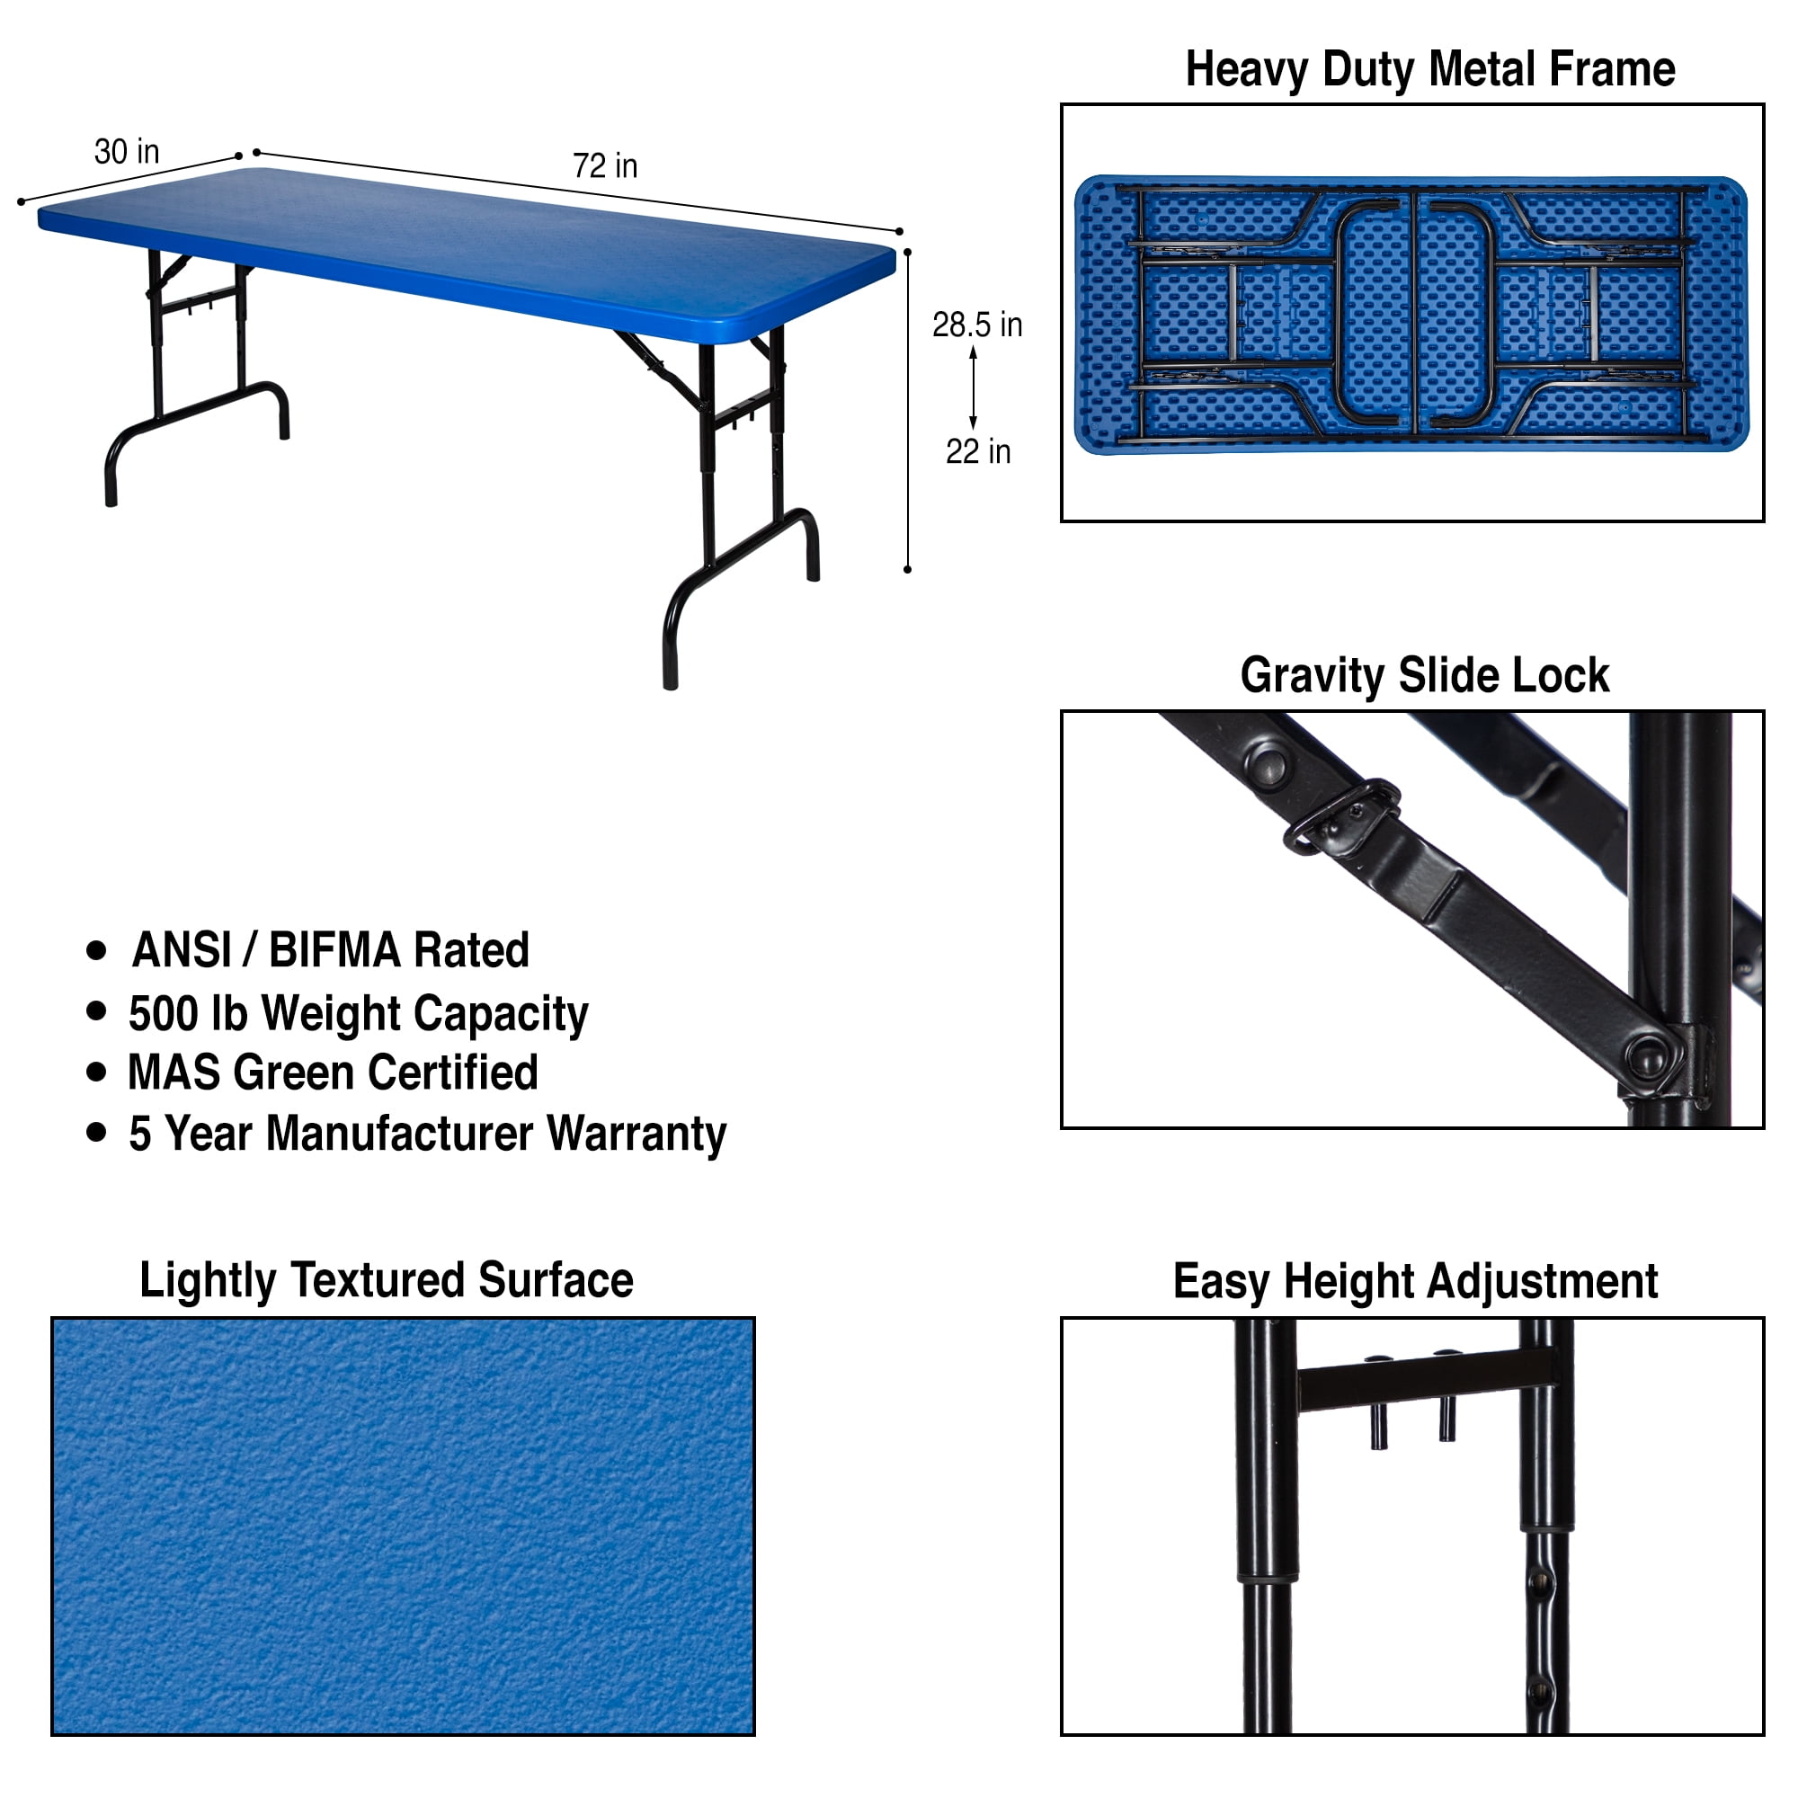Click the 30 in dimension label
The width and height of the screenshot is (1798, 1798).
click(127, 152)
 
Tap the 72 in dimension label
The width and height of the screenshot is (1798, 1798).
click(605, 165)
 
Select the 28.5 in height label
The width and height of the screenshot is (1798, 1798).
click(977, 325)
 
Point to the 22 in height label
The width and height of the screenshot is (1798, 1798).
click(978, 451)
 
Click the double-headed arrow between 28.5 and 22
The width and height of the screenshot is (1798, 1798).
click(974, 388)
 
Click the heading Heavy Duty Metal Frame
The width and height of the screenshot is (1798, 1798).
click(1430, 70)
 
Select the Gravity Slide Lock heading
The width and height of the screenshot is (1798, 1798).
click(1425, 676)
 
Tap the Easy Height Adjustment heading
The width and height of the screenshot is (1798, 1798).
click(1416, 1281)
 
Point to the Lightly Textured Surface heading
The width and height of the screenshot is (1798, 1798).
click(387, 1280)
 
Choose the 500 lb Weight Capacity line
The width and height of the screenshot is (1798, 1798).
click(359, 1013)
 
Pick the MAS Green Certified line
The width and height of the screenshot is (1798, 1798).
click(334, 1073)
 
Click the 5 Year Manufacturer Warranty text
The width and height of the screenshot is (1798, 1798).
click(428, 1134)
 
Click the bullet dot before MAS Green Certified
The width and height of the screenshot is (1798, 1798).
click(96, 1073)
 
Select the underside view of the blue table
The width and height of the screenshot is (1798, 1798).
click(1411, 315)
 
